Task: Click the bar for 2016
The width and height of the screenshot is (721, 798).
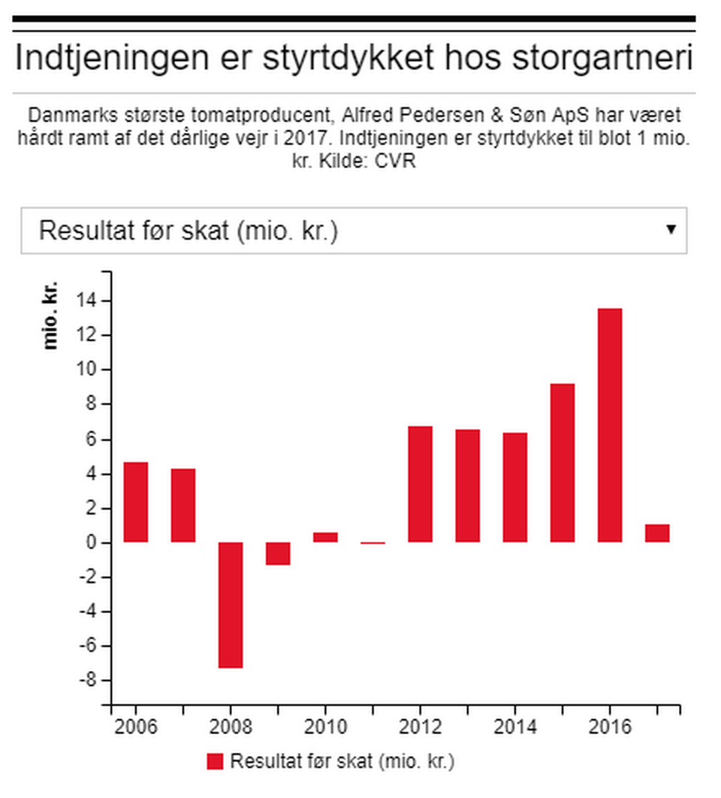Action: pyautogui.click(x=610, y=425)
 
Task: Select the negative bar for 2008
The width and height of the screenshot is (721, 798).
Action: pyautogui.click(x=231, y=605)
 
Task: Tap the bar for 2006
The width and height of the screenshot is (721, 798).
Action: pyautogui.click(x=136, y=502)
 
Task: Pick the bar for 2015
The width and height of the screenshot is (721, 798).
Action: pyautogui.click(x=563, y=463)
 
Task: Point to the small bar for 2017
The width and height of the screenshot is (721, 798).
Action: pyautogui.click(x=657, y=534)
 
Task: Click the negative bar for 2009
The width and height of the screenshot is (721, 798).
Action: pyautogui.click(x=278, y=554)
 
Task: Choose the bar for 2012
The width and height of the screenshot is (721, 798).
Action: pyautogui.click(x=421, y=484)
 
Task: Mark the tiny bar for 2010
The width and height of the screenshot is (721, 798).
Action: pyautogui.click(x=325, y=537)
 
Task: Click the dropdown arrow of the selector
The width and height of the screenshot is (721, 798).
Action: pyautogui.click(x=671, y=230)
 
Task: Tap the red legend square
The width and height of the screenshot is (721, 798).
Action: pyautogui.click(x=216, y=761)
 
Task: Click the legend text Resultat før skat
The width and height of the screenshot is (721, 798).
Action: pyautogui.click(x=342, y=761)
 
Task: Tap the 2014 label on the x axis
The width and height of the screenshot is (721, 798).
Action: pyautogui.click(x=515, y=727)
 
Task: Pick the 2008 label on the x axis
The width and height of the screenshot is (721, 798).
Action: pyautogui.click(x=231, y=727)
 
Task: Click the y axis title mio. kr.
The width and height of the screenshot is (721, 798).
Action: pyautogui.click(x=51, y=316)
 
